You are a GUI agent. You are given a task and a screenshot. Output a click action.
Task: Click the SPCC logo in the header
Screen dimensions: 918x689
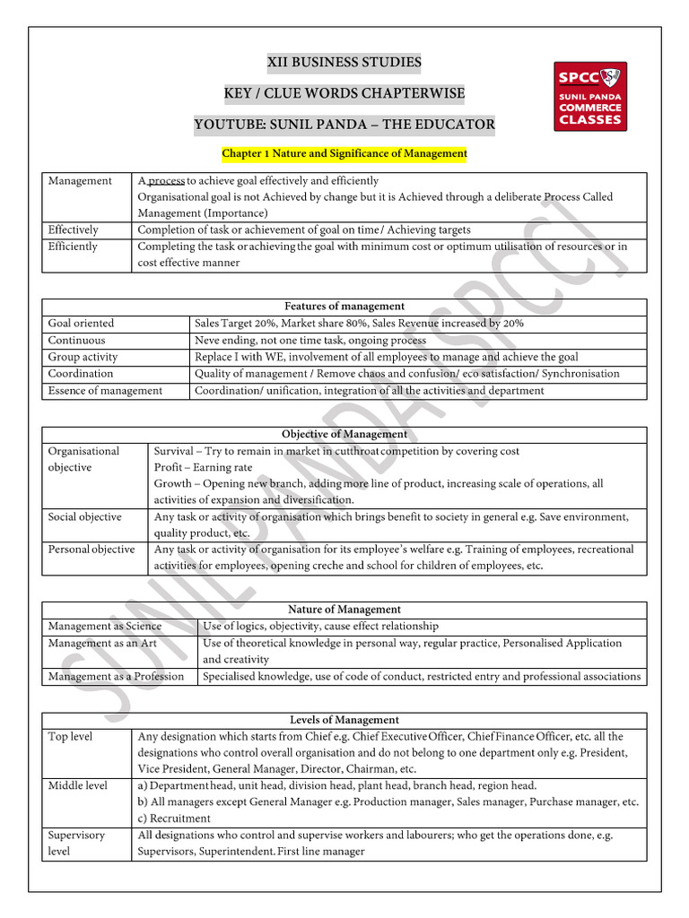(x=589, y=96)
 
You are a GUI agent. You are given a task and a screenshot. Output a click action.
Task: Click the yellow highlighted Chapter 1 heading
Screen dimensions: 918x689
(x=344, y=153)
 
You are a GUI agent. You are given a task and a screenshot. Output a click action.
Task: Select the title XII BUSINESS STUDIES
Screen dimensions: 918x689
(x=344, y=62)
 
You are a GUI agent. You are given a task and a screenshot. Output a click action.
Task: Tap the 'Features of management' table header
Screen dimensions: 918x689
(x=344, y=307)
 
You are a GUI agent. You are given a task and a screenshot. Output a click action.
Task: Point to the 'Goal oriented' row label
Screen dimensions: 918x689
(x=82, y=323)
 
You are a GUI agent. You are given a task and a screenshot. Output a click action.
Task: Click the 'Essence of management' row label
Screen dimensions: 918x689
(x=105, y=390)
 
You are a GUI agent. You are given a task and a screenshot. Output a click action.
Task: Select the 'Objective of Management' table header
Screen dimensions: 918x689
(x=344, y=435)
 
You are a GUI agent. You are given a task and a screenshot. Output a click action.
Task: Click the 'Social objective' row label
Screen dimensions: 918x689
(x=85, y=516)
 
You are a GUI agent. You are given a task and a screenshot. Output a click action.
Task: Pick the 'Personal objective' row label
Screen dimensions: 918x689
(x=92, y=549)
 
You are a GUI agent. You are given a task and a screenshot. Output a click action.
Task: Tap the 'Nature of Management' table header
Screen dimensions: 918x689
(x=344, y=610)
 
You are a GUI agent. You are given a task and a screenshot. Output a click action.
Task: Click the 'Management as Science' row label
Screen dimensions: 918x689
(x=105, y=626)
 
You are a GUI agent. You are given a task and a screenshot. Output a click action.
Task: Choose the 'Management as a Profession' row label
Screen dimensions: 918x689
(x=116, y=676)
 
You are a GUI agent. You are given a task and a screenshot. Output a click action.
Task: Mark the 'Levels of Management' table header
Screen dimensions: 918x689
(x=344, y=720)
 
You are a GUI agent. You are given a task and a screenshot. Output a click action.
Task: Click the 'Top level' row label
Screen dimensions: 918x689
(x=71, y=736)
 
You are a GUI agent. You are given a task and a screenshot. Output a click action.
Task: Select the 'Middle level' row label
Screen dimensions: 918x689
(x=78, y=785)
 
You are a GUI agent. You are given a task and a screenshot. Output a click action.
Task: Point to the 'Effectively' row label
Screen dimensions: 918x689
(x=74, y=229)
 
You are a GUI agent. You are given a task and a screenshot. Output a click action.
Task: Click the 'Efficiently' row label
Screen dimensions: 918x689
(x=73, y=246)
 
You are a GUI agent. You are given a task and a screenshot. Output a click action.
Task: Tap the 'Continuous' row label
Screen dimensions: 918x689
(x=77, y=340)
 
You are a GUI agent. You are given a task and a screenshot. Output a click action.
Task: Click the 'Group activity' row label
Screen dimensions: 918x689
(x=83, y=357)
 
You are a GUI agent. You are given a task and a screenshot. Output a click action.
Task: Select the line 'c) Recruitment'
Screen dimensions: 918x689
(x=175, y=818)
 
